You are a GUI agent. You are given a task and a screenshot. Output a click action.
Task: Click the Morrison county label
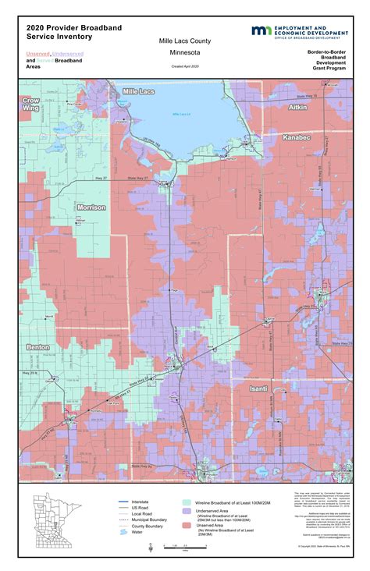click(x=91, y=207)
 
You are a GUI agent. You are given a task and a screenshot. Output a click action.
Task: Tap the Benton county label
click(x=37, y=346)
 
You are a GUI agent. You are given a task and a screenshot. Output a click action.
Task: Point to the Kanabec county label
click(x=297, y=137)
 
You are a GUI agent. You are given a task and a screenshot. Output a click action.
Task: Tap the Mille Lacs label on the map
click(x=139, y=92)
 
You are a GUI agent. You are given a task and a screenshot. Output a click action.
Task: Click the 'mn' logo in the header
click(x=260, y=30)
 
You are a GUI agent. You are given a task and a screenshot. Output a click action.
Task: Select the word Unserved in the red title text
click(x=37, y=53)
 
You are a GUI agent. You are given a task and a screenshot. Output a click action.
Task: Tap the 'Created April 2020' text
click(x=184, y=67)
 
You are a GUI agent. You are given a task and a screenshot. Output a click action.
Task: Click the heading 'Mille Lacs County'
click(x=184, y=41)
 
